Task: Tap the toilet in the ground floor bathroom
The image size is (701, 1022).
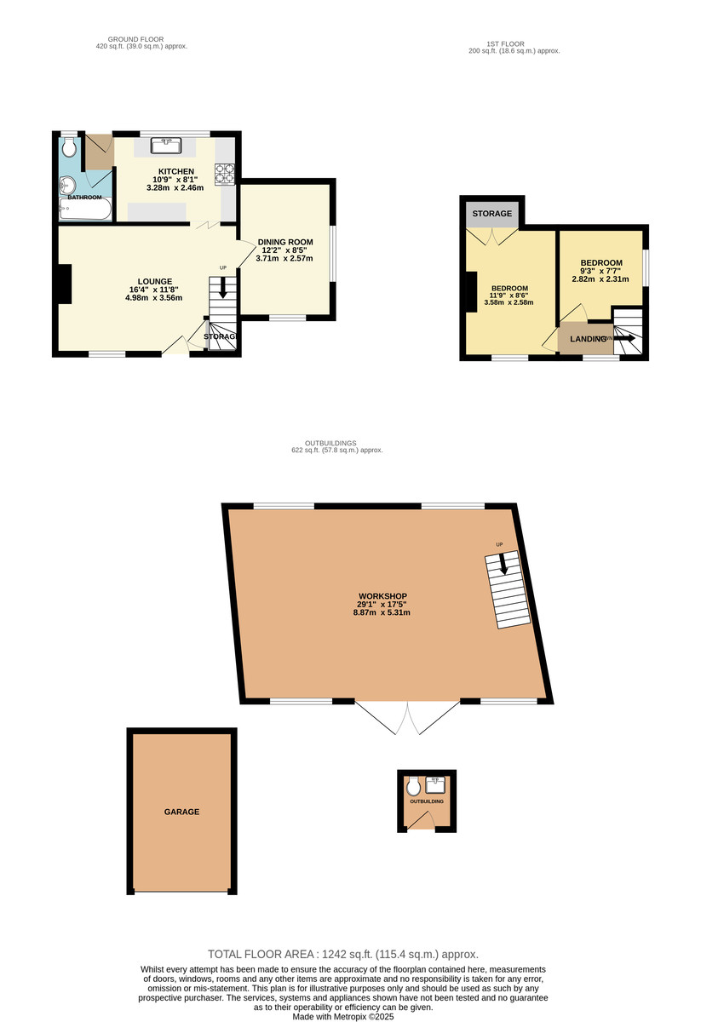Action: pyautogui.click(x=69, y=148)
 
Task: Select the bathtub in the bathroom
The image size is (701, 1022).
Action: pyautogui.click(x=84, y=209)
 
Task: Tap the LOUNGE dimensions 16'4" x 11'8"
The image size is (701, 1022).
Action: pyautogui.click(x=154, y=290)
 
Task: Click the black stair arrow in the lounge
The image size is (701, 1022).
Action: pyautogui.click(x=223, y=288)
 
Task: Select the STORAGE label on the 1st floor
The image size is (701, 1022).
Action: pyautogui.click(x=492, y=213)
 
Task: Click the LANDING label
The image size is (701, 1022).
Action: pyautogui.click(x=588, y=339)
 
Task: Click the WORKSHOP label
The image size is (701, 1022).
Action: pyautogui.click(x=382, y=595)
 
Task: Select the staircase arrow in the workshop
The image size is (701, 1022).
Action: pyautogui.click(x=503, y=564)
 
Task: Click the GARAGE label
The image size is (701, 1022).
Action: pyautogui.click(x=181, y=812)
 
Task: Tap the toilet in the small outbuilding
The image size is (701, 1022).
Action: pyautogui.click(x=414, y=784)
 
